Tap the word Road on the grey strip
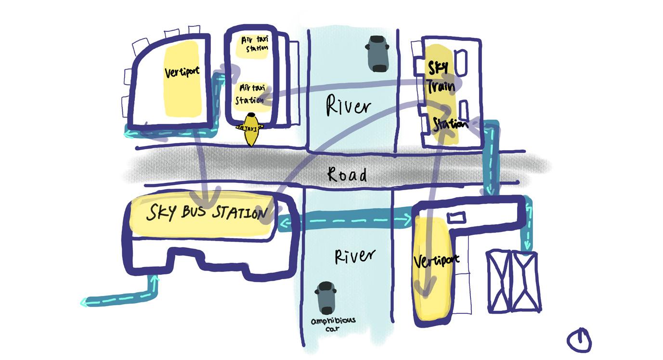[x=347, y=174]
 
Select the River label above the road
[x=349, y=105]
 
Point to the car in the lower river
[x=325, y=297]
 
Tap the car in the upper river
[x=377, y=53]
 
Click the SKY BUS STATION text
[x=207, y=212]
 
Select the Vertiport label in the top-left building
[x=182, y=72]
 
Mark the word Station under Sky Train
[x=450, y=124]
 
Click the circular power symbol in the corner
[x=579, y=341]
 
